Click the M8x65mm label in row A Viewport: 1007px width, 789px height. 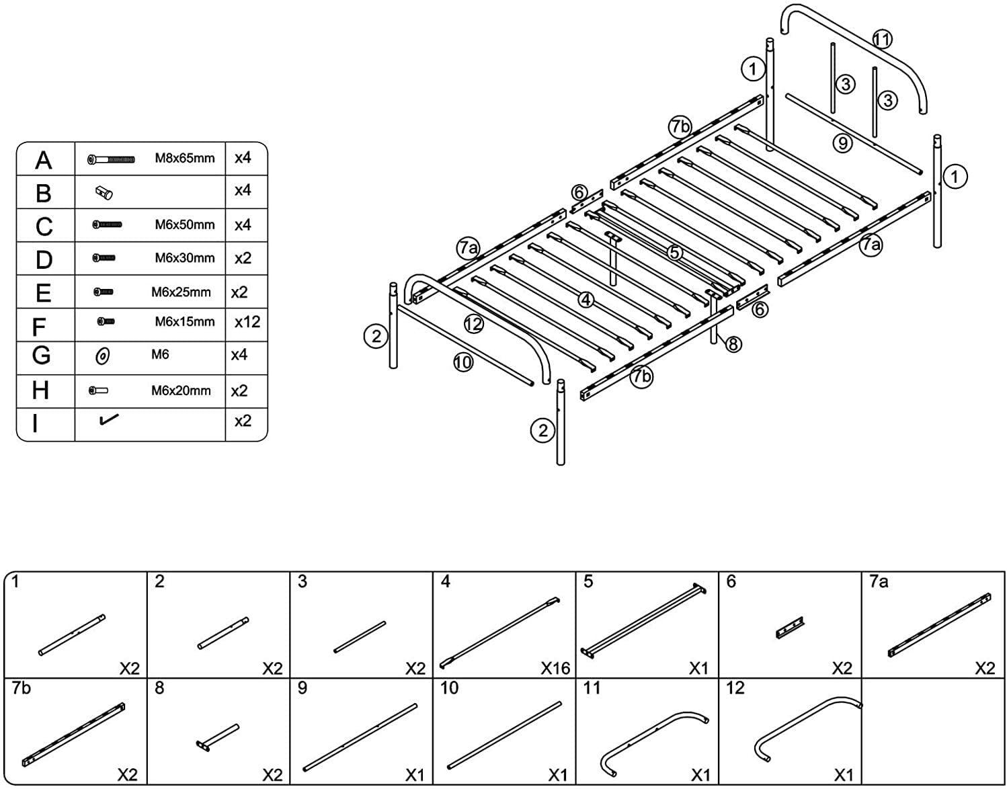[185, 159]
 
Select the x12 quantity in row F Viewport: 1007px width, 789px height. [247, 322]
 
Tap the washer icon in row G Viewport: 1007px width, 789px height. [103, 356]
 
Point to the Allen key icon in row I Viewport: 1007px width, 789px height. [108, 419]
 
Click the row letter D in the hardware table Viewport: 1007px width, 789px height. [44, 259]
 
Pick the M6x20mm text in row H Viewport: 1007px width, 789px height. [180, 390]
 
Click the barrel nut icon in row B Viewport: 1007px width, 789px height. [104, 194]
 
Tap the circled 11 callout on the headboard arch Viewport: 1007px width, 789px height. [882, 40]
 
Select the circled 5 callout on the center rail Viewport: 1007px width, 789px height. [675, 253]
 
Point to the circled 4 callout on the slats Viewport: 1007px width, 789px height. [586, 300]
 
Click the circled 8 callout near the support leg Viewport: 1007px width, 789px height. [733, 345]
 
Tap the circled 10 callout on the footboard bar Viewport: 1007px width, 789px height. [462, 363]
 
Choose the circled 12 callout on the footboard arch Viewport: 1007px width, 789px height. [473, 325]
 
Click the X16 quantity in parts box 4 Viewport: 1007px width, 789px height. [555, 668]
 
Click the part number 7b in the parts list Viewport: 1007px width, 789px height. [21, 688]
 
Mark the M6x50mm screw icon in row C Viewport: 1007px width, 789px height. [107, 224]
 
